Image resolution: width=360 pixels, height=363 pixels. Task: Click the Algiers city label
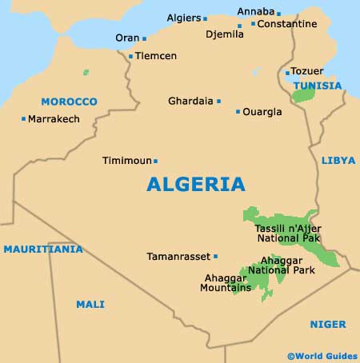click(x=183, y=18)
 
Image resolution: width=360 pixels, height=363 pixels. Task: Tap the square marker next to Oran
click(x=144, y=38)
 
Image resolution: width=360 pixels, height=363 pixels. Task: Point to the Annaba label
click(x=256, y=12)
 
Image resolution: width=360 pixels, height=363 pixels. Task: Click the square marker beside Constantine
click(x=253, y=24)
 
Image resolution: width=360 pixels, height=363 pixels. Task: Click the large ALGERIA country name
click(x=196, y=185)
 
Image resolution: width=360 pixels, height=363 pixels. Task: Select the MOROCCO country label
click(x=69, y=102)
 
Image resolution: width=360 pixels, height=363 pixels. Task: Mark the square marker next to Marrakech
click(x=23, y=119)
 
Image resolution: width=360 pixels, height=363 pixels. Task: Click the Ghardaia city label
click(x=190, y=101)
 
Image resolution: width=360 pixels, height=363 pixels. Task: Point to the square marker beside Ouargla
click(x=238, y=112)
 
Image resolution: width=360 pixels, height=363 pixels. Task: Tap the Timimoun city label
click(x=126, y=161)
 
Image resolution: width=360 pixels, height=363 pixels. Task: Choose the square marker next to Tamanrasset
click(x=215, y=257)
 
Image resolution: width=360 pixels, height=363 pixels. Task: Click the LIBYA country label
click(x=338, y=161)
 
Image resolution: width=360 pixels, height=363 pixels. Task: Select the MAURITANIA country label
click(x=42, y=249)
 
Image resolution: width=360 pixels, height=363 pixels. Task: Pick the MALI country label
click(x=90, y=304)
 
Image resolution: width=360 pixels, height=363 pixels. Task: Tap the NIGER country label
click(x=328, y=324)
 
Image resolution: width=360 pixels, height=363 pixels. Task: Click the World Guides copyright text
click(x=322, y=354)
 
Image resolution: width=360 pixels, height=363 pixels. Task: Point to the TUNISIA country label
click(x=317, y=86)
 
